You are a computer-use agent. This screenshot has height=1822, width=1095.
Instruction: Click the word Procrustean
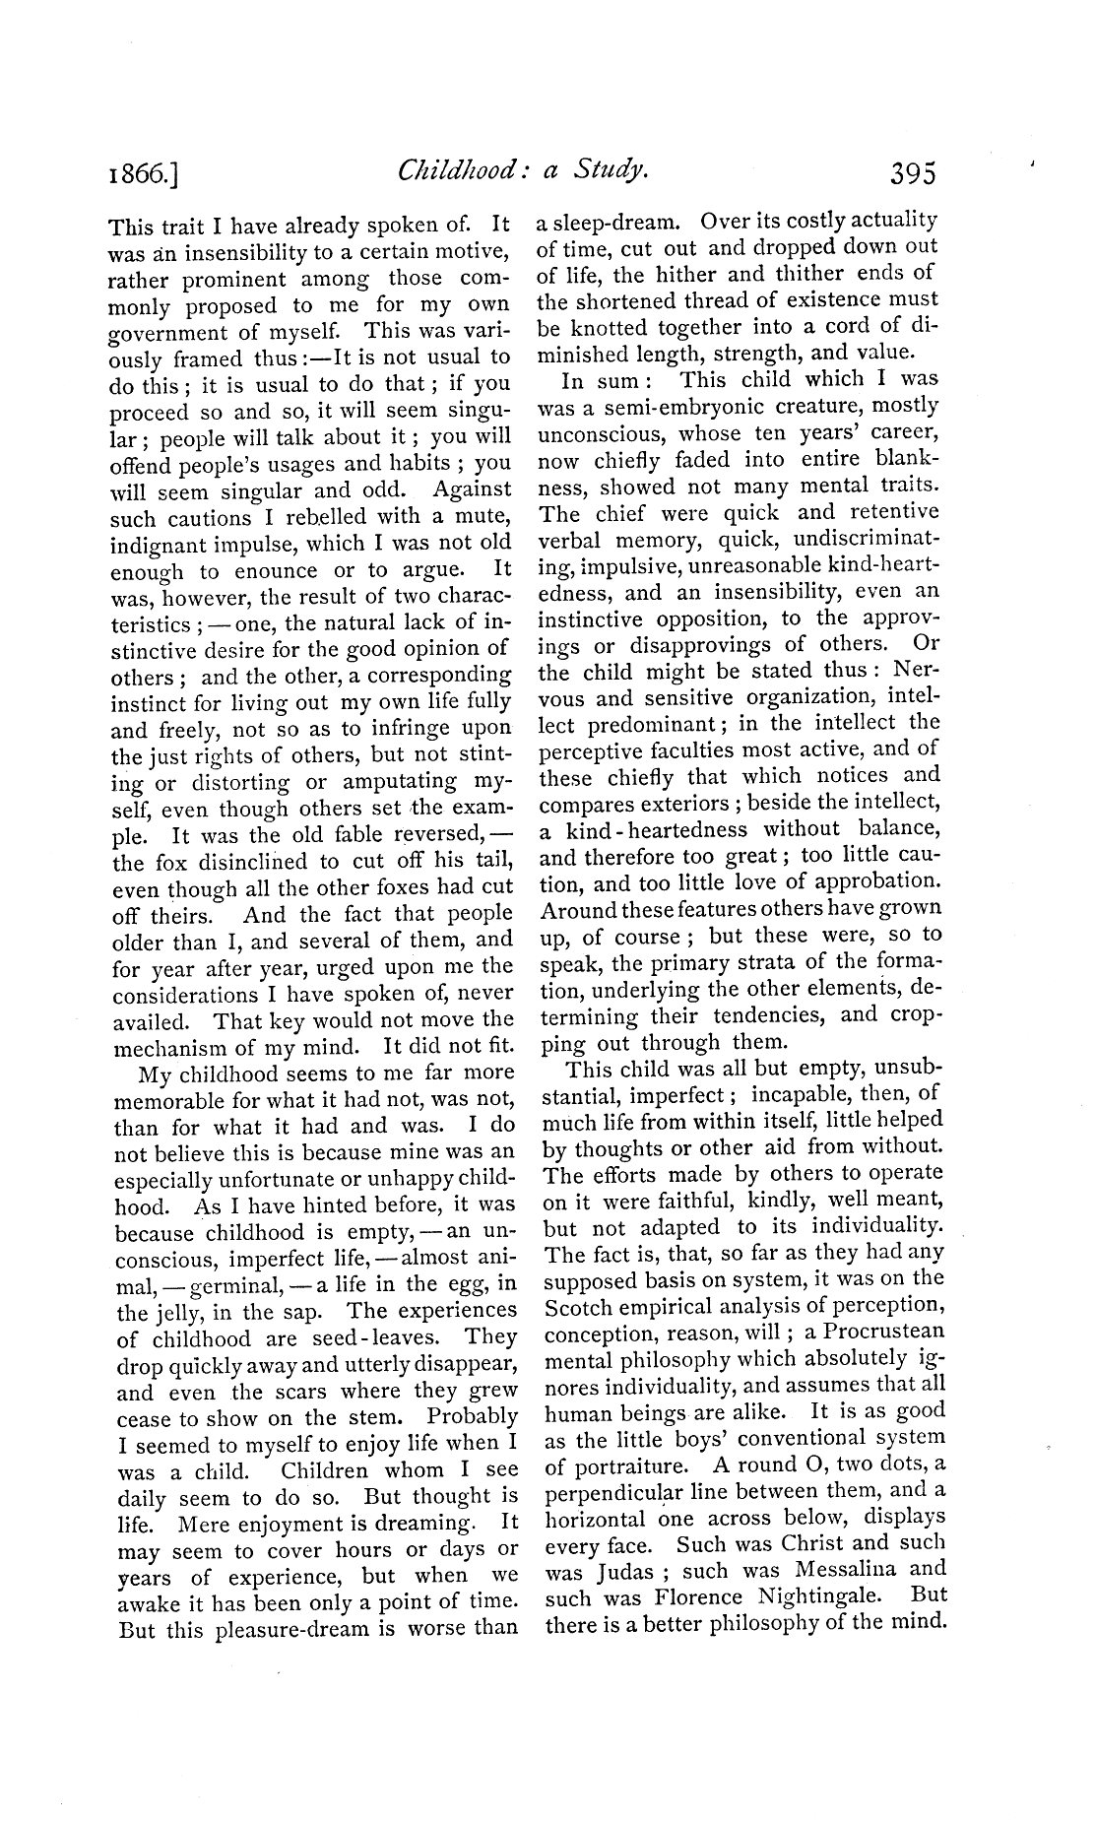pyautogui.click(x=884, y=1332)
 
